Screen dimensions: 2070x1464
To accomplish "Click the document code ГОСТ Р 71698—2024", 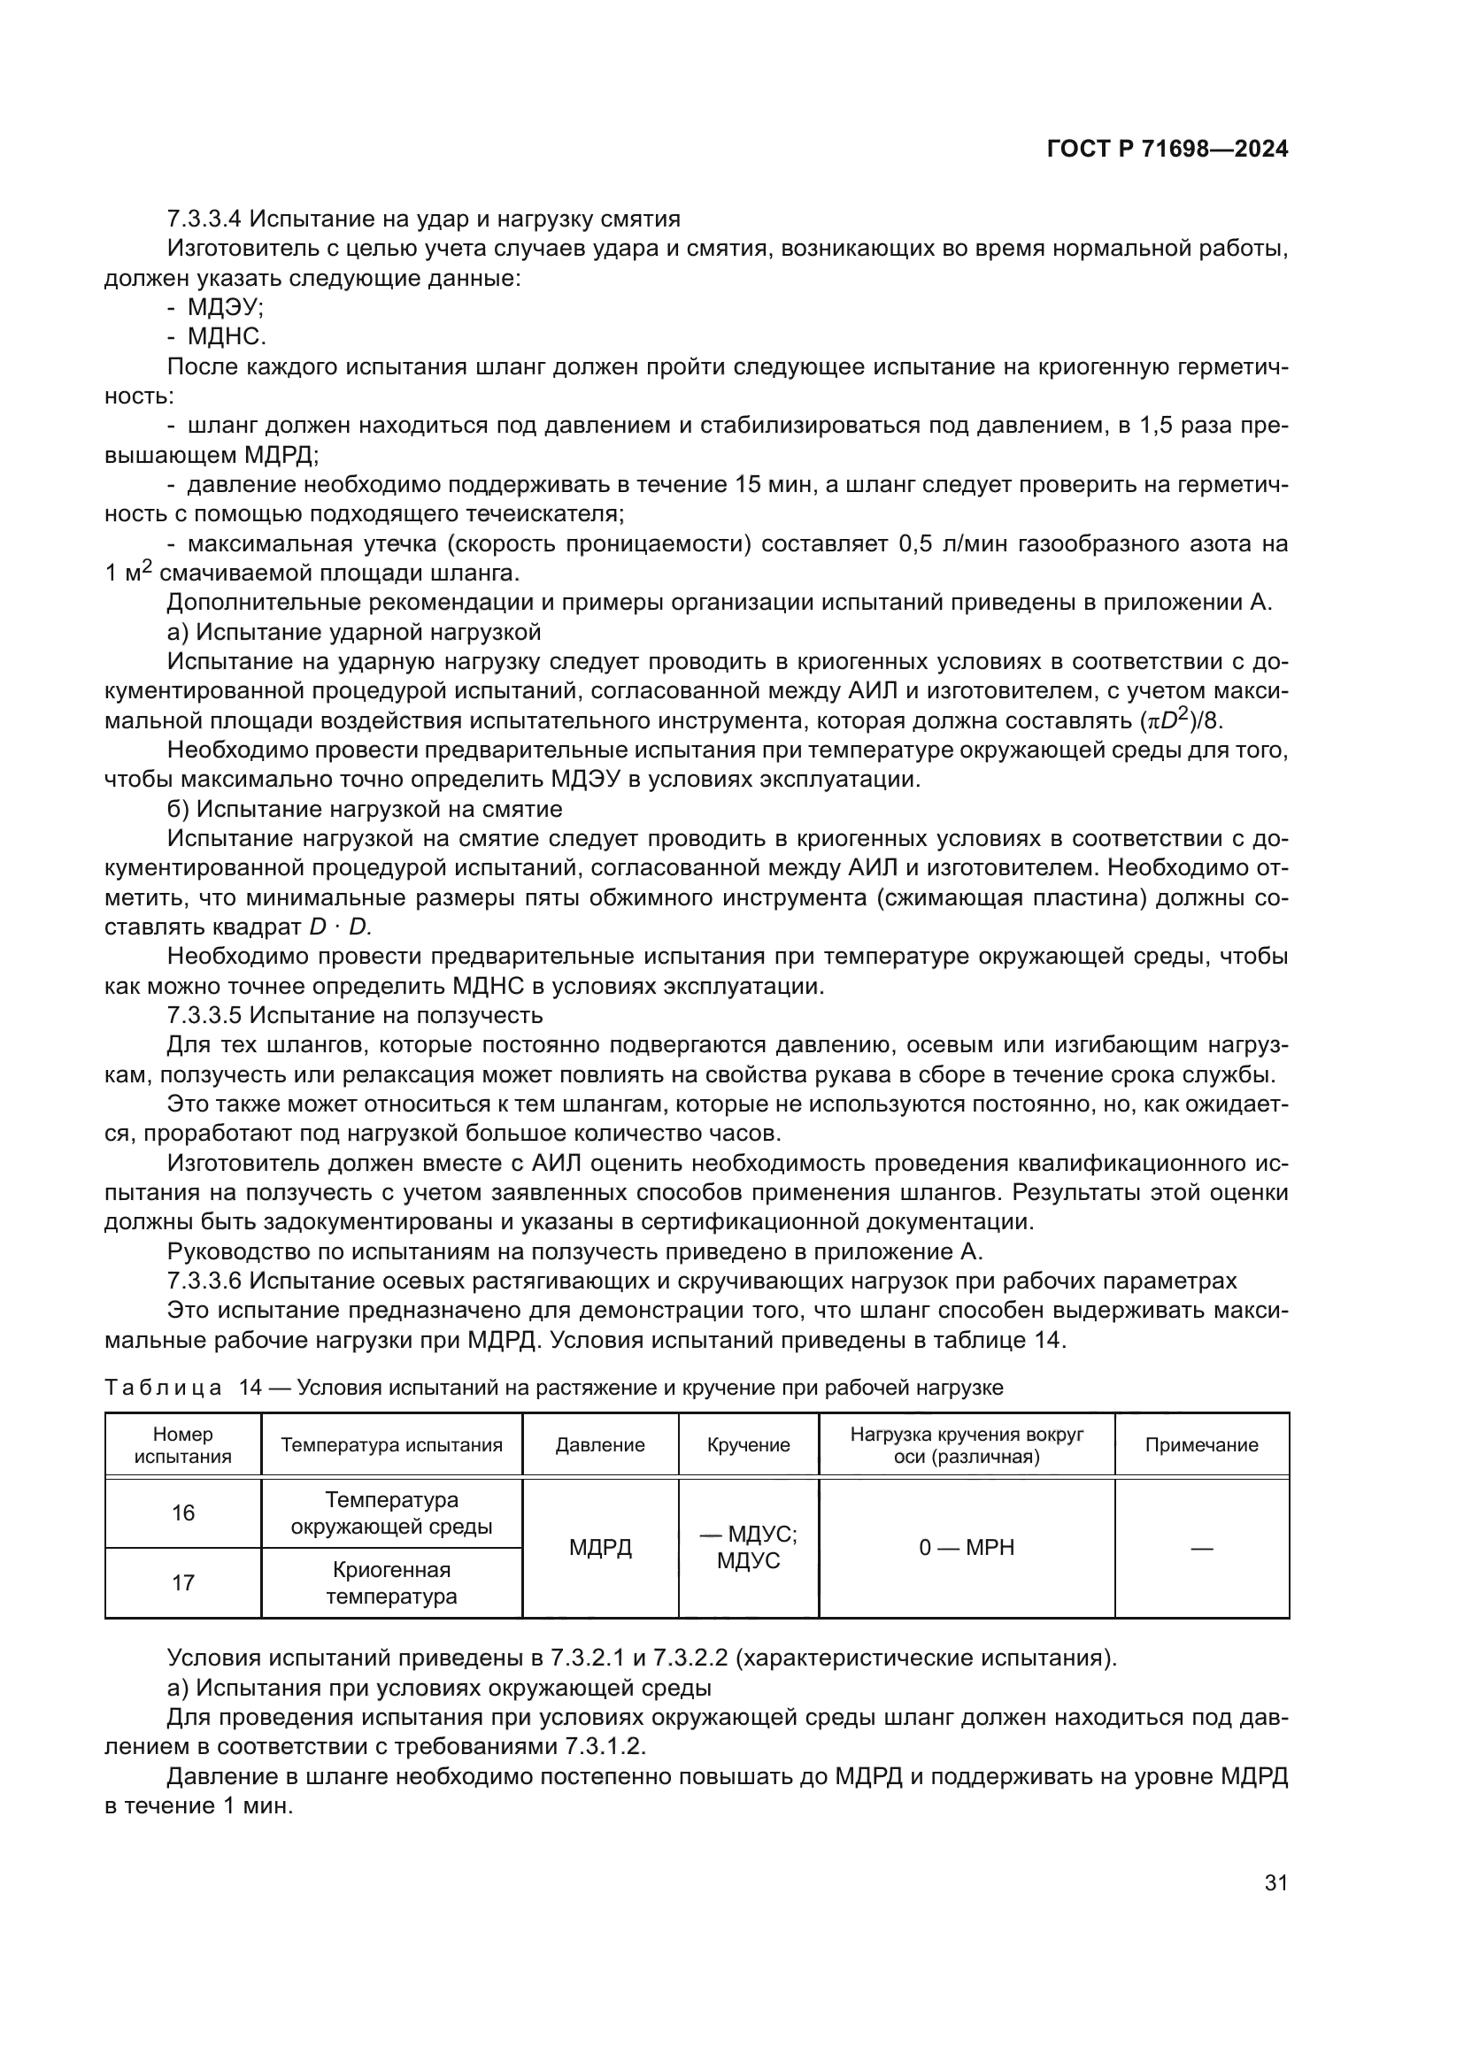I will [x=1167, y=150].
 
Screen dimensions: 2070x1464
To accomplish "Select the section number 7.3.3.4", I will [x=204, y=219].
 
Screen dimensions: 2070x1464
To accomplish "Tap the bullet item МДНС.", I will [x=227, y=337].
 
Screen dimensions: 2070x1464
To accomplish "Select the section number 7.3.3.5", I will [x=204, y=1015].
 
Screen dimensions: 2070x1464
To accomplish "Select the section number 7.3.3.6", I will [x=204, y=1281].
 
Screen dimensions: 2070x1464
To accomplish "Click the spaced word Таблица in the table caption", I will [x=163, y=1388].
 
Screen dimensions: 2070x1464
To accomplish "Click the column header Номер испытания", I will [x=183, y=1444].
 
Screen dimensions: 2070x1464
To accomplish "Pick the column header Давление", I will [x=599, y=1445].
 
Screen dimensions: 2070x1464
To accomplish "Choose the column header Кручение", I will [x=748, y=1445].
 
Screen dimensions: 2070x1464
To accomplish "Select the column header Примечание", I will [x=1201, y=1445].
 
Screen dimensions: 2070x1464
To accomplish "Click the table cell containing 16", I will [x=183, y=1512].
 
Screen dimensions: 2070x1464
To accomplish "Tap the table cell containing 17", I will [x=183, y=1582].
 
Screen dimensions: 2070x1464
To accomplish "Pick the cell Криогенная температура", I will [x=391, y=1582].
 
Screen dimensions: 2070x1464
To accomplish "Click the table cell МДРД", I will [x=599, y=1548].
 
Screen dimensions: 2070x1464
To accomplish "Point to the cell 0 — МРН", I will [x=967, y=1548].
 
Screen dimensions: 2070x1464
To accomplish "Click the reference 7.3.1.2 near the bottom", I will [x=604, y=1746].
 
